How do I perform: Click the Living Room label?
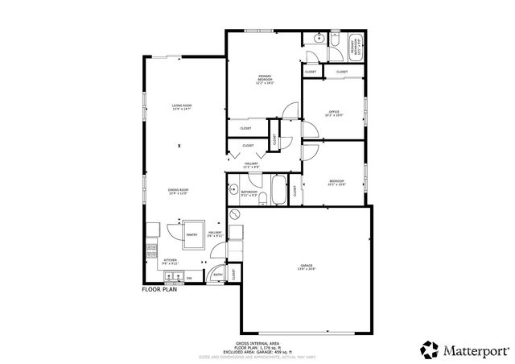[181, 107]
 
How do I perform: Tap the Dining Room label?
[178, 192]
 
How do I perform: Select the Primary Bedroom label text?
[266, 80]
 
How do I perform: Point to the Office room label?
[334, 113]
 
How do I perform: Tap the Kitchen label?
[170, 261]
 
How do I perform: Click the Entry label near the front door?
[218, 274]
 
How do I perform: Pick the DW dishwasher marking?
[189, 277]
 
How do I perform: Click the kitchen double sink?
[173, 278]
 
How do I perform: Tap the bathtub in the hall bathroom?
[278, 192]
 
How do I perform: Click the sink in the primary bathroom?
[319, 37]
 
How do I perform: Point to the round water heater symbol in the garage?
[235, 214]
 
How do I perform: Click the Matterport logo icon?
[430, 350]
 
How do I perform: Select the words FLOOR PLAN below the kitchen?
[159, 289]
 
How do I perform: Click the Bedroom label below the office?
[336, 183]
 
